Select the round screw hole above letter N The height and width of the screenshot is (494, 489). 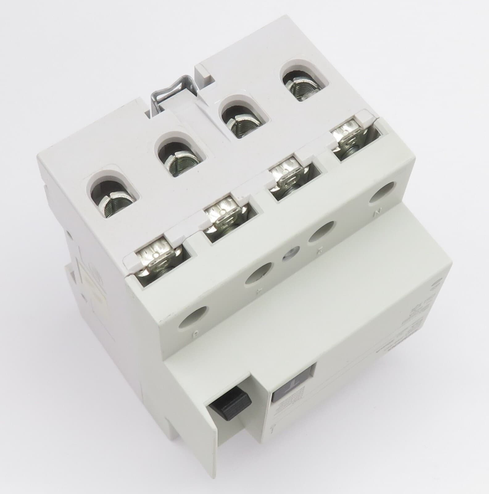[x=383, y=191]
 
